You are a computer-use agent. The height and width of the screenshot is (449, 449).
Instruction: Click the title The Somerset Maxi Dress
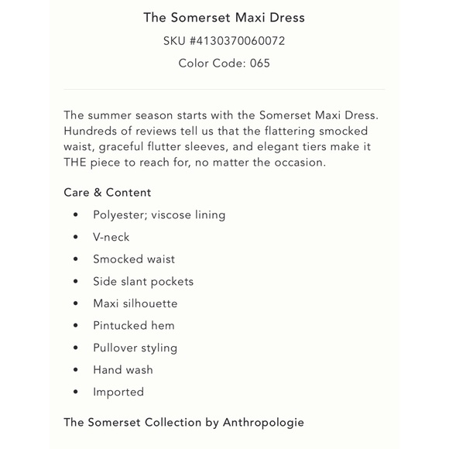(x=224, y=18)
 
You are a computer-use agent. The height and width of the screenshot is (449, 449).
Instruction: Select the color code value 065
(x=259, y=63)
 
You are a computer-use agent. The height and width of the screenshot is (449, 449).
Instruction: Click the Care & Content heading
(x=108, y=192)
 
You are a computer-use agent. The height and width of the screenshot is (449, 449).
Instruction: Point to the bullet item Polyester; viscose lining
(x=159, y=214)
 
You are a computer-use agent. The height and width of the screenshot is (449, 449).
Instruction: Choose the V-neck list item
(x=111, y=237)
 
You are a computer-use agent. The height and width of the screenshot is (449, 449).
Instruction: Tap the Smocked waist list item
(x=134, y=259)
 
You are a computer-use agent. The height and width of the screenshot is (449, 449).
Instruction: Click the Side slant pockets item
(x=143, y=281)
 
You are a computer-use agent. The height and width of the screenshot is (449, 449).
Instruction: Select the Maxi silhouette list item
(x=135, y=303)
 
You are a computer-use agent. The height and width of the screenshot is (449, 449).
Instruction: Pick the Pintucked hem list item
(x=134, y=325)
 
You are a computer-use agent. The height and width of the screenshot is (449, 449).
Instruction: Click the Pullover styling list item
(x=135, y=348)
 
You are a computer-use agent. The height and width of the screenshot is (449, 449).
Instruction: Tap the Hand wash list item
(x=123, y=370)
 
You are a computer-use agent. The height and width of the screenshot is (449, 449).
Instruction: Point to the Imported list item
(x=118, y=392)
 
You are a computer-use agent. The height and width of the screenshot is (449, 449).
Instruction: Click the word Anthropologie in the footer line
(x=263, y=423)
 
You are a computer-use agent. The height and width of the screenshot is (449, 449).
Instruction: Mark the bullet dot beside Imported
(x=76, y=392)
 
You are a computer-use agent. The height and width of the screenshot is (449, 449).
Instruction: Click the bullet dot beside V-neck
(x=76, y=237)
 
